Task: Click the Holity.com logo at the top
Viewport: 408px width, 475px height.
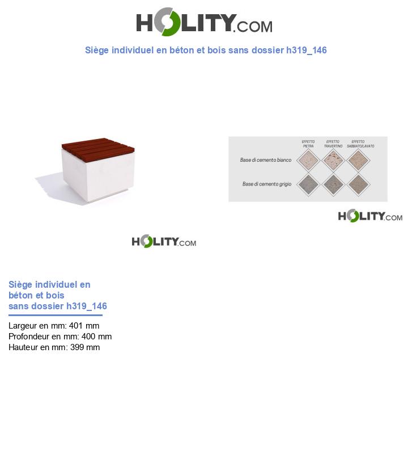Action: pos(204,22)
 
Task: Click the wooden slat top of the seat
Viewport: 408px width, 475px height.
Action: pos(98,147)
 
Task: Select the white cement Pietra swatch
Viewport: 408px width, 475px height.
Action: pos(308,161)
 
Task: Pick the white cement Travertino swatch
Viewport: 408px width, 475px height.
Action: pos(333,161)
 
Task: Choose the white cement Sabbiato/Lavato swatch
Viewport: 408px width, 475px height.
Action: pos(358,161)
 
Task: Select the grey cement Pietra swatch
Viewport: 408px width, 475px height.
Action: pos(308,184)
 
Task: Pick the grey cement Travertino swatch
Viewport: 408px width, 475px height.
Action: pos(333,184)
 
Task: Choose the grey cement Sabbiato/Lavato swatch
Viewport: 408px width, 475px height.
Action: pos(358,184)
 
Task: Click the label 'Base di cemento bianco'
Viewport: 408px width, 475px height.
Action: pos(265,160)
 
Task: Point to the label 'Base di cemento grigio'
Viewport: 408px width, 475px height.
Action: pos(266,184)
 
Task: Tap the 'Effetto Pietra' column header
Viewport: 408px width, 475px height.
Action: pos(308,144)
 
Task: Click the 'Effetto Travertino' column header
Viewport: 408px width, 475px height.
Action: pos(333,144)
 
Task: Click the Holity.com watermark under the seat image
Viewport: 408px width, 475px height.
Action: pos(164,241)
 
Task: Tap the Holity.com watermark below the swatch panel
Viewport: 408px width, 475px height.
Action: pos(370,216)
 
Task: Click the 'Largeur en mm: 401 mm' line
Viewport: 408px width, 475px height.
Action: pos(54,326)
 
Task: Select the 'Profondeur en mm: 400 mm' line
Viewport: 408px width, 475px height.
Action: pos(60,337)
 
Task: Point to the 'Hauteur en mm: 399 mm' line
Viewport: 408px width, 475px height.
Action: pos(54,347)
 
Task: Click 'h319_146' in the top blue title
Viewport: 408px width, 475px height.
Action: pos(307,51)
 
